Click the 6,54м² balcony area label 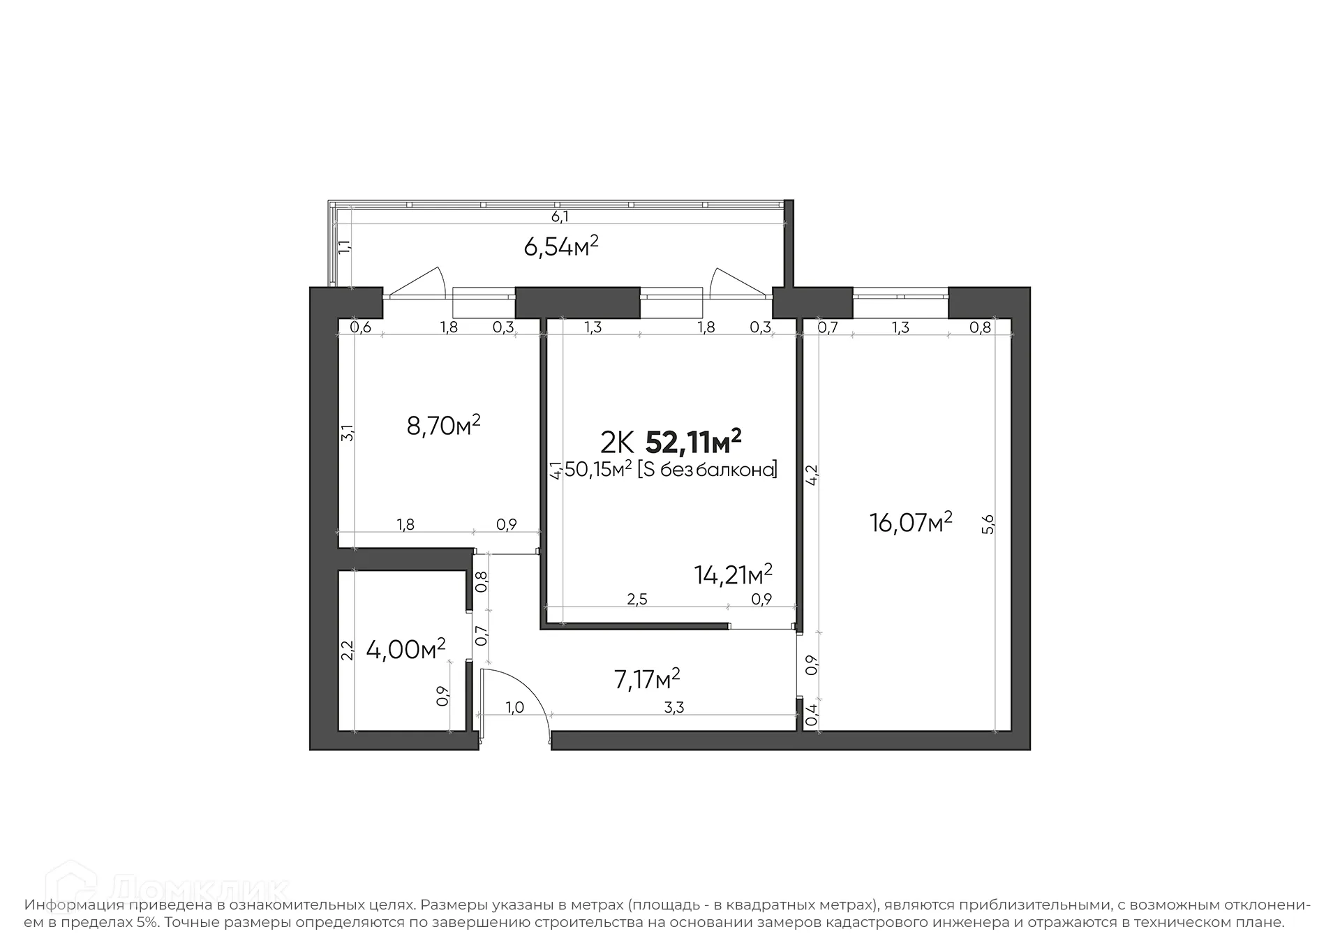tap(561, 246)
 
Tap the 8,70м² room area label tap(443, 425)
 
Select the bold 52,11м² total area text tap(693, 442)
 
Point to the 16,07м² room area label tap(911, 522)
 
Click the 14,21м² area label tap(733, 574)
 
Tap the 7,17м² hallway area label tap(647, 678)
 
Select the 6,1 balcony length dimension tap(560, 217)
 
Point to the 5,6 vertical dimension tap(988, 524)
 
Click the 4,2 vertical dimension tap(812, 475)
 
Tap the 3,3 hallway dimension tap(673, 708)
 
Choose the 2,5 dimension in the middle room tap(637, 600)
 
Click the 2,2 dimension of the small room tap(347, 651)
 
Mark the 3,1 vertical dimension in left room tap(347, 433)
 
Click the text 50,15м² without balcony tap(670, 470)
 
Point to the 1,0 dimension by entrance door tap(514, 708)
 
